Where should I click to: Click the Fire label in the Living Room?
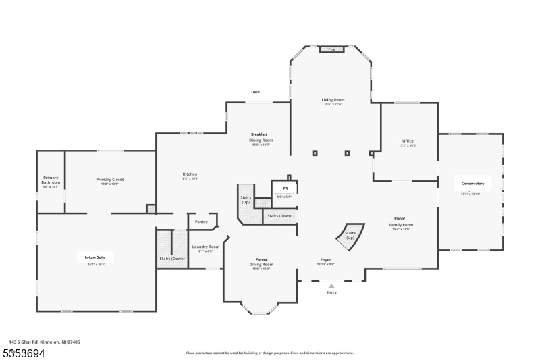click(x=331, y=49)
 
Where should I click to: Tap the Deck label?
click(x=256, y=92)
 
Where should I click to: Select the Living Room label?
click(x=333, y=99)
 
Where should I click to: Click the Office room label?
click(x=408, y=140)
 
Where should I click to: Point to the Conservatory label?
click(x=473, y=184)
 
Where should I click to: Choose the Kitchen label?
click(x=190, y=174)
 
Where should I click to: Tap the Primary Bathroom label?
click(x=51, y=180)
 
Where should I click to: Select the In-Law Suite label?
click(x=94, y=257)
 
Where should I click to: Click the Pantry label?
click(x=201, y=222)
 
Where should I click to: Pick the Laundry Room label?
click(x=205, y=247)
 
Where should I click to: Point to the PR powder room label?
click(x=286, y=188)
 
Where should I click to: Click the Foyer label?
click(x=325, y=259)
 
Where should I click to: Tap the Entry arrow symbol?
click(x=331, y=286)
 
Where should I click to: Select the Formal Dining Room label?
click(x=261, y=261)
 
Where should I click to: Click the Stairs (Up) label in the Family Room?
click(x=350, y=236)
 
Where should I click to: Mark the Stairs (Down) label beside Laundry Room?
click(x=172, y=259)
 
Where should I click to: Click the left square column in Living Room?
click(x=315, y=153)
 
